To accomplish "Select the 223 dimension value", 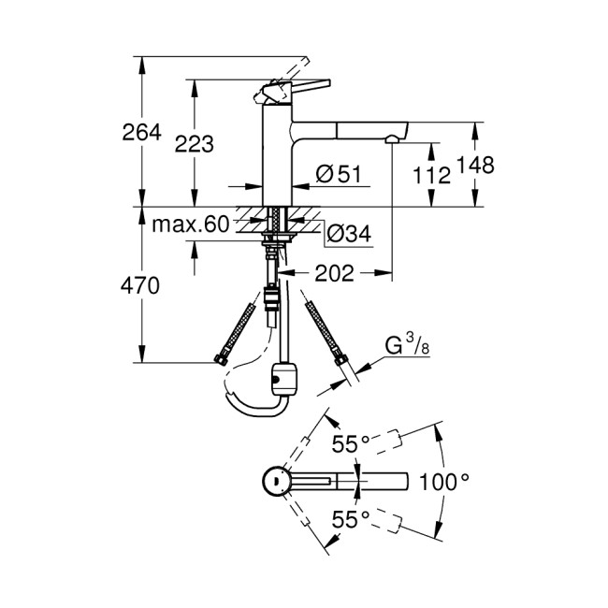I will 195,144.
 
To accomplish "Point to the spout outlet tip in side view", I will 391,139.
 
